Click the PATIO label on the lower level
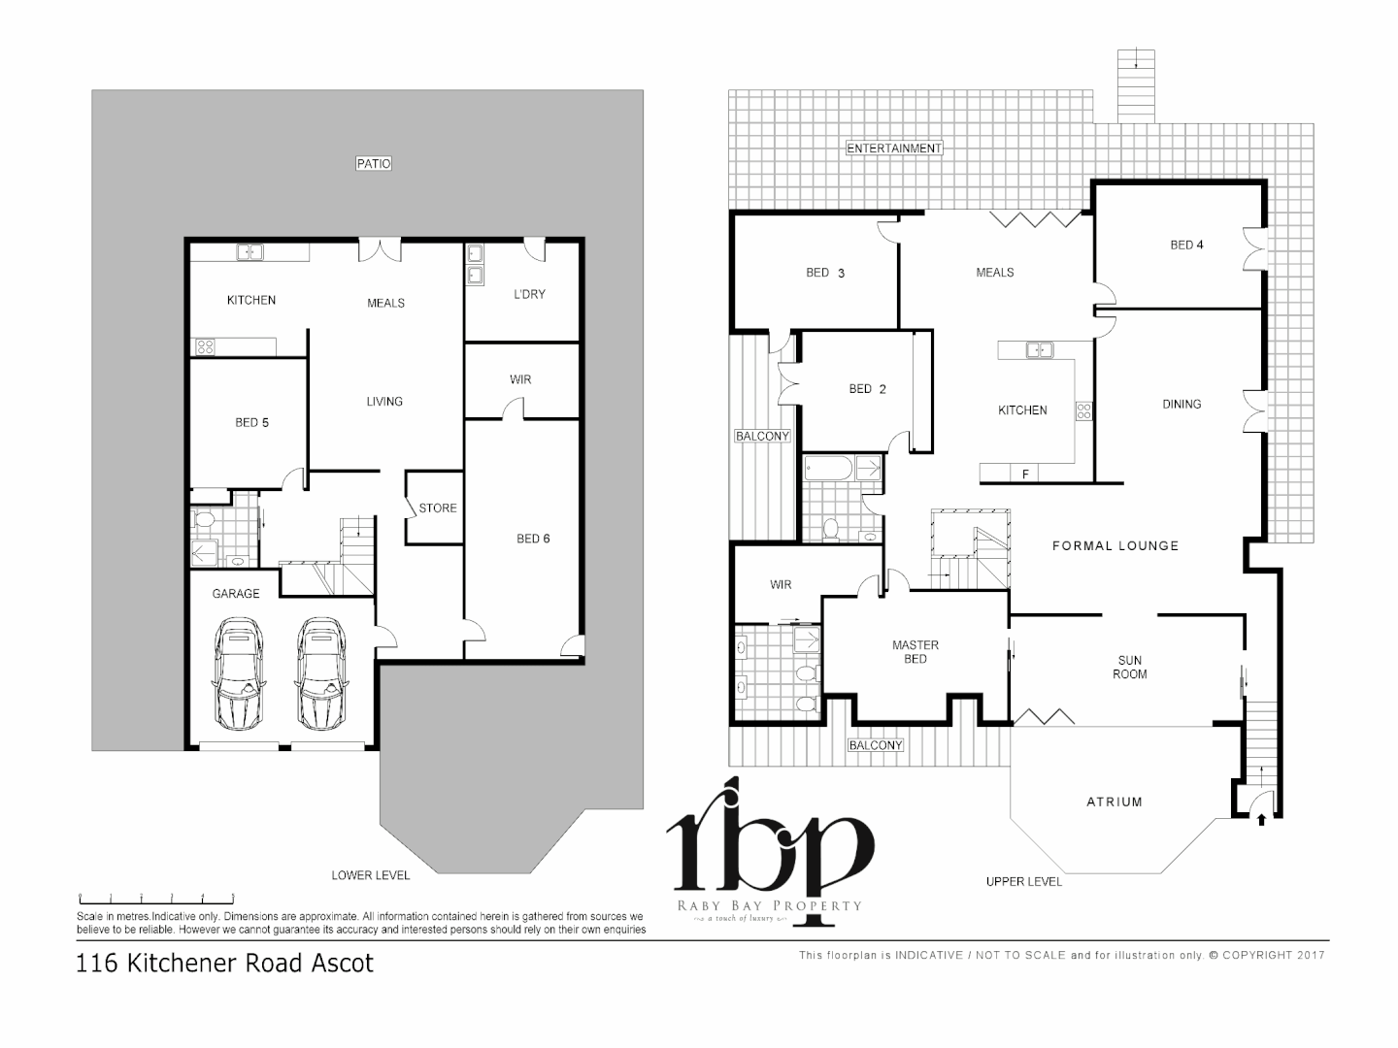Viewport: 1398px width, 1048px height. point(374,164)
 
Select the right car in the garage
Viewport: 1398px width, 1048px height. point(322,675)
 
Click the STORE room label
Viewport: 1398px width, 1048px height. point(437,508)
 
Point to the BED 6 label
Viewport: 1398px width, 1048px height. point(533,539)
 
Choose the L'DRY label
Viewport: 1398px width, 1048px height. point(529,294)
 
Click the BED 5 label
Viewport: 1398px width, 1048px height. point(251,422)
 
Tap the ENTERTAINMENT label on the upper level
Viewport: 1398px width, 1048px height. point(894,148)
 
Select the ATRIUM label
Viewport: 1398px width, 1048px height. point(1114,802)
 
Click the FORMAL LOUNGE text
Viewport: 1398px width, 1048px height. point(1115,546)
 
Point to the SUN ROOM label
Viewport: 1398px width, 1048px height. point(1129,667)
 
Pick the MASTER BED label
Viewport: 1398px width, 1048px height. point(915,651)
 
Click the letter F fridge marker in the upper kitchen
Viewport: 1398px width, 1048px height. point(1024,475)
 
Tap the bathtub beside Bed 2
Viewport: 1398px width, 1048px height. point(829,470)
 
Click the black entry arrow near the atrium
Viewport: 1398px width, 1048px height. point(1261,820)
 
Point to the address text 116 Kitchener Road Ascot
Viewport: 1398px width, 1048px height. point(224,964)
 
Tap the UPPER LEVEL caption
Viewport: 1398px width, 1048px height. point(1023,881)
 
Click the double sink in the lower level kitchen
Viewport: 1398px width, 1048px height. point(250,252)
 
